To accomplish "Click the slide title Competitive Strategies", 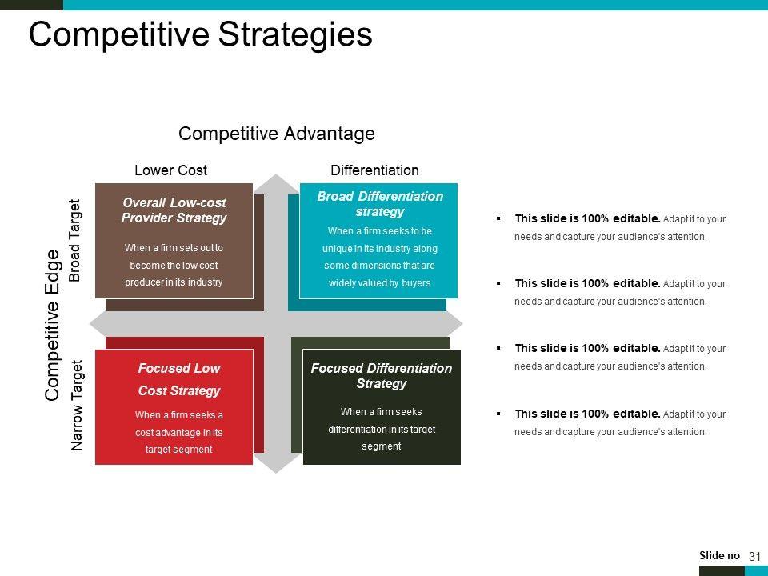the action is pyautogui.click(x=200, y=34).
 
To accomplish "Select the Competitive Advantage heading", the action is pyautogui.click(x=277, y=134).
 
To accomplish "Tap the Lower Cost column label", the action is pyautogui.click(x=171, y=170).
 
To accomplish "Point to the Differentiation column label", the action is pyautogui.click(x=374, y=170).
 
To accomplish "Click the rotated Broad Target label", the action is pyautogui.click(x=74, y=240).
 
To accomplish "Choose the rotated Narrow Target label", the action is pyautogui.click(x=77, y=405).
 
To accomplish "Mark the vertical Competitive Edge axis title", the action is pyautogui.click(x=52, y=326).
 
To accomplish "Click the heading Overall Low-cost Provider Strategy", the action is pyautogui.click(x=174, y=210).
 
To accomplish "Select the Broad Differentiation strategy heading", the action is pyautogui.click(x=379, y=204).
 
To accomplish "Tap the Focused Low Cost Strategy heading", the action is pyautogui.click(x=178, y=379).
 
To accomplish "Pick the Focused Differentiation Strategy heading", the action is pyautogui.click(x=382, y=376).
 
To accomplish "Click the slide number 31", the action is pyautogui.click(x=754, y=557).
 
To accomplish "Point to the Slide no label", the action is pyautogui.click(x=719, y=555).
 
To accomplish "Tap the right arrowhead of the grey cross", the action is pyautogui.click(x=454, y=323).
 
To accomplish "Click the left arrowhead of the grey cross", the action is pyautogui.click(x=97, y=323).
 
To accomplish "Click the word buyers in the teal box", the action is pyautogui.click(x=416, y=283).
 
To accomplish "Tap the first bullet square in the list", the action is pyautogui.click(x=498, y=218).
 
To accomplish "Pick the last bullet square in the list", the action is pyautogui.click(x=498, y=414).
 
